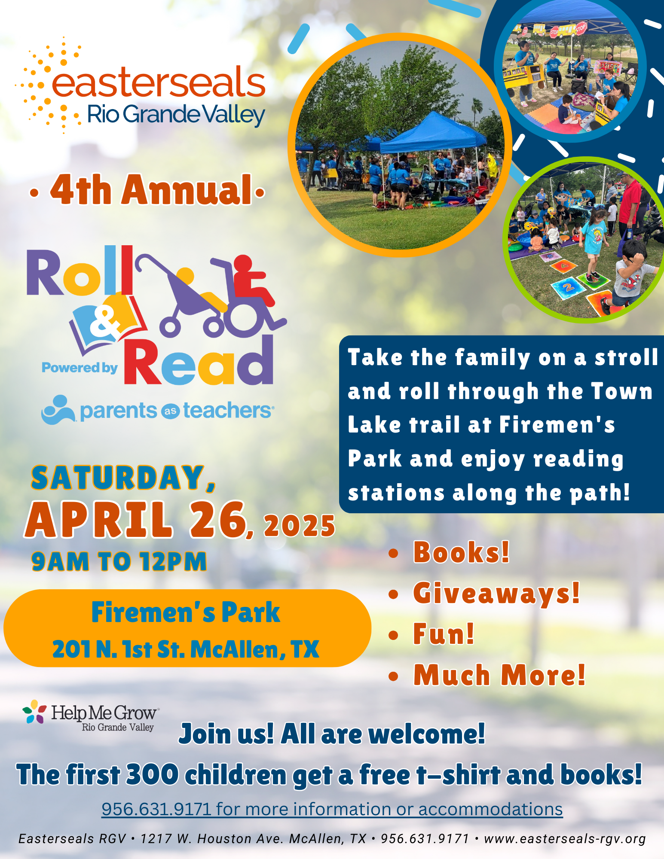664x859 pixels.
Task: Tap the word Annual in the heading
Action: click(187, 190)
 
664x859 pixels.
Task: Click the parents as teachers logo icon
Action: click(58, 410)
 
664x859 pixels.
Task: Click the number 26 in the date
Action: click(220, 519)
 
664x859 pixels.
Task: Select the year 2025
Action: click(300, 526)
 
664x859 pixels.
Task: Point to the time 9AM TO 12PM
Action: click(119, 561)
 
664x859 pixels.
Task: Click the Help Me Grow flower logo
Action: click(34, 712)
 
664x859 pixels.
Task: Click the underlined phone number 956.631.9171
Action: click(156, 809)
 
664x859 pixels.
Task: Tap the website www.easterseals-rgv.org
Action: click(565, 839)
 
